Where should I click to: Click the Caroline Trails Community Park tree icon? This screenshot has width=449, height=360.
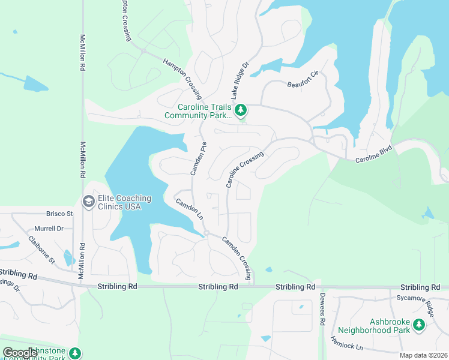point(241,110)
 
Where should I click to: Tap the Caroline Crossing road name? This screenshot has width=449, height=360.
point(245,170)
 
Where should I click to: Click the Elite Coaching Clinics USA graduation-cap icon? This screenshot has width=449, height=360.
point(89,201)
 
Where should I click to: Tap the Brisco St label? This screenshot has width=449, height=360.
point(59,213)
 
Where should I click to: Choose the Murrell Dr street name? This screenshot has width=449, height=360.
point(49,229)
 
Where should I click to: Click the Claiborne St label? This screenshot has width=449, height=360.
point(41,250)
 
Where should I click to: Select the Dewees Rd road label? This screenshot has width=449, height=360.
point(322,313)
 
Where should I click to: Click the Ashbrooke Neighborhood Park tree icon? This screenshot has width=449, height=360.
point(418,325)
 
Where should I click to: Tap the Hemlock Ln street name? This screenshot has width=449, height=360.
point(347,343)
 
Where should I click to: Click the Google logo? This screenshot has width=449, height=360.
point(20,353)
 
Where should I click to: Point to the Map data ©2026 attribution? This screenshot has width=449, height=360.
point(423,355)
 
